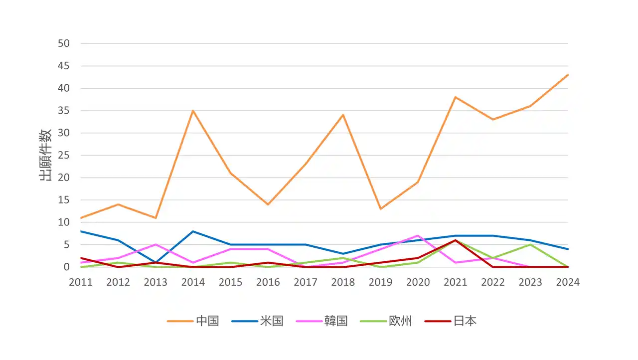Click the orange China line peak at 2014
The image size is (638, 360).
tap(193, 111)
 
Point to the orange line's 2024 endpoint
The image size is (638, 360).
tap(568, 75)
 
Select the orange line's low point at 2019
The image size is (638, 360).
tap(381, 208)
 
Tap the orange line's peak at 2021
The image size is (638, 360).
tap(456, 97)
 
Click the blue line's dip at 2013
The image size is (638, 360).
tap(156, 262)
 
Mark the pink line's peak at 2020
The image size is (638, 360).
tap(418, 236)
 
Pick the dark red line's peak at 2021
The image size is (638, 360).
tap(456, 240)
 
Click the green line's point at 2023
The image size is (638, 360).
tap(530, 245)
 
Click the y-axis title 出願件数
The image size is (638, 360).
tap(46, 155)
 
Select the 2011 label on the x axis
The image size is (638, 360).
tap(81, 282)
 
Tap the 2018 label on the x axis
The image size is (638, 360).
tap(343, 282)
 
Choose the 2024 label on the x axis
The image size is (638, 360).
tap(568, 282)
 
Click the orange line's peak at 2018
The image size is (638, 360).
tap(343, 115)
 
